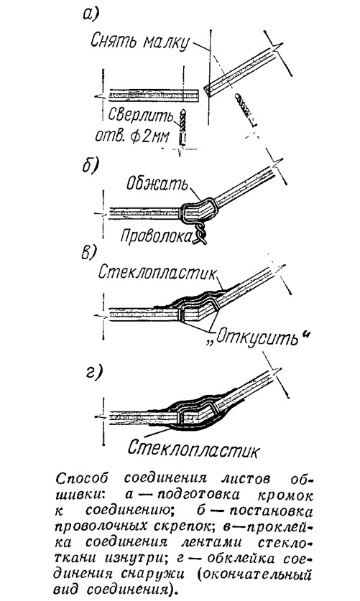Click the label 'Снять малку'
point(140,41)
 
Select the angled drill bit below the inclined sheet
point(244,110)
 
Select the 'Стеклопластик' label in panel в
point(158,273)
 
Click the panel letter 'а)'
point(91,14)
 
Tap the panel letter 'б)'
point(91,167)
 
